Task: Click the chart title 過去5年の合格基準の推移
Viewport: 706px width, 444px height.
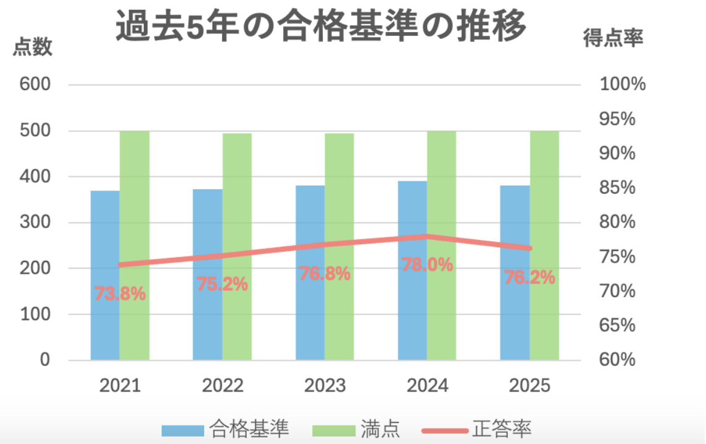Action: [321, 26]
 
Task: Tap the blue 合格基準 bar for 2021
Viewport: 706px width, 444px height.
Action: [106, 275]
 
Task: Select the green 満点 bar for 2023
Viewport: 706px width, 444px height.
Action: [339, 247]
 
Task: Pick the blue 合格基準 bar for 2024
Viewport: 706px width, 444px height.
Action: [412, 270]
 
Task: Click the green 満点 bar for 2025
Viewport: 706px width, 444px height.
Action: [544, 245]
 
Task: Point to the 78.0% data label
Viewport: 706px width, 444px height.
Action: [427, 265]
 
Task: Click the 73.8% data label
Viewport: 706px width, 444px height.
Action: [120, 294]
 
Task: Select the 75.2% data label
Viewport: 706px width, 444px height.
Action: [222, 284]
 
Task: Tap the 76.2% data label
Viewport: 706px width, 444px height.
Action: [529, 277]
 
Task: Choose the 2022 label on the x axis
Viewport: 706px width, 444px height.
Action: [222, 385]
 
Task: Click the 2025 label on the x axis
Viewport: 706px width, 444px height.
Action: [529, 385]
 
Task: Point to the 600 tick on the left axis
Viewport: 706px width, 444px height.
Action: [35, 84]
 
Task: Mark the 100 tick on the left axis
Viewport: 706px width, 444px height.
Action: [35, 314]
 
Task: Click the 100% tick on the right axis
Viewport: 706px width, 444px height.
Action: [623, 84]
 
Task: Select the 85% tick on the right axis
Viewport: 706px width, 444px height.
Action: [617, 187]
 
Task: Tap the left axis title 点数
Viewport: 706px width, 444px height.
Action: [33, 47]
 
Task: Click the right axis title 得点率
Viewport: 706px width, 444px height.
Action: [613, 38]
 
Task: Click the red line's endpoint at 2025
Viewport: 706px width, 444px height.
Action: [529, 249]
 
